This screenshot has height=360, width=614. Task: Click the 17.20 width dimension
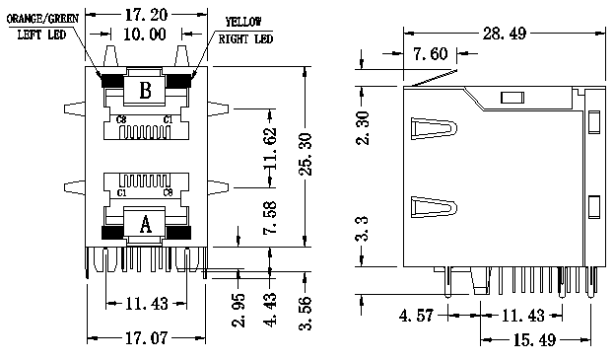(x=146, y=15)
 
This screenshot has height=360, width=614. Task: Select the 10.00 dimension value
(x=145, y=35)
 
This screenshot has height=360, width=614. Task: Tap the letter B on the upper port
(x=145, y=91)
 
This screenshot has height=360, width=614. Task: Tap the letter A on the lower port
(x=145, y=225)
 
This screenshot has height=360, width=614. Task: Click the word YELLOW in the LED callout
(x=243, y=22)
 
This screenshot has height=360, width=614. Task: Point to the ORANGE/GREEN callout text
(x=42, y=19)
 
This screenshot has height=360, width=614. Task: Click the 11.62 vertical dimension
(x=270, y=148)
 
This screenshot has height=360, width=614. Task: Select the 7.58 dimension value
(x=270, y=217)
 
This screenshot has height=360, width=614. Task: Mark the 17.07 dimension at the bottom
(x=147, y=337)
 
